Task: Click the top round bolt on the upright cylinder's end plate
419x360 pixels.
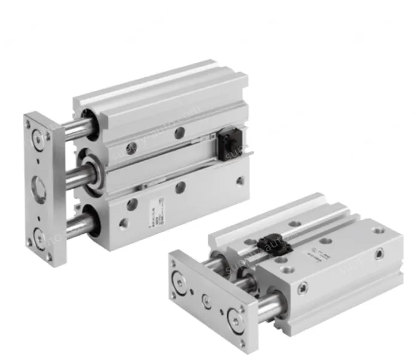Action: click(40, 137)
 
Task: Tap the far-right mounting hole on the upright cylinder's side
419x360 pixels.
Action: click(241, 180)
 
